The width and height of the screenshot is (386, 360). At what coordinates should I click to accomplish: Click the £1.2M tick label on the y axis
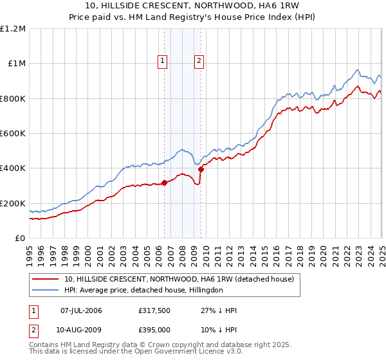click(13, 29)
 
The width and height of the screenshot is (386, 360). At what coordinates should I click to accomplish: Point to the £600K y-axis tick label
click(13, 134)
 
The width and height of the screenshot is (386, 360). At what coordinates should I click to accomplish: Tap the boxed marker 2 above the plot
click(199, 62)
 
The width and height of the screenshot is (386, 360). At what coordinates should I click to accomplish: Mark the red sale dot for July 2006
click(164, 183)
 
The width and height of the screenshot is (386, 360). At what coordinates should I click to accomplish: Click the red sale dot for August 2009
click(201, 169)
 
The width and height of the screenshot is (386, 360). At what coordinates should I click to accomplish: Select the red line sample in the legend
click(46, 279)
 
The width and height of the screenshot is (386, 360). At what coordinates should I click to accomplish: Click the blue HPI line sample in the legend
click(46, 290)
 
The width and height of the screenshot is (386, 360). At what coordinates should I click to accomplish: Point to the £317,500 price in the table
click(154, 310)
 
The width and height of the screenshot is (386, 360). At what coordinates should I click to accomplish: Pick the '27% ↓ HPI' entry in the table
click(219, 310)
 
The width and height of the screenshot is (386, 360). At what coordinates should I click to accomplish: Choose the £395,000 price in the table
click(154, 330)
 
